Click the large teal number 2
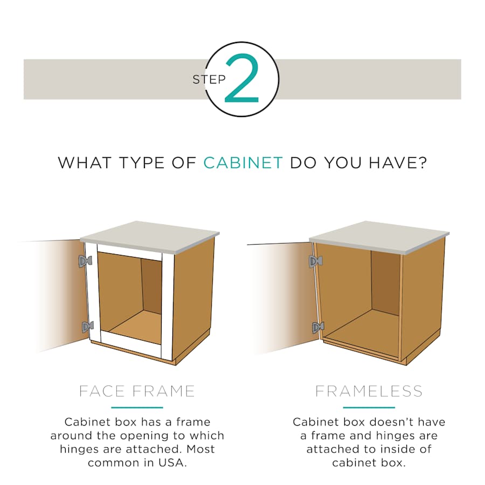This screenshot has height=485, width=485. (242, 78)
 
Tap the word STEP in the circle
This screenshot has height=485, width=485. (209, 80)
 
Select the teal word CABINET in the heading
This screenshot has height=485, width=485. (243, 163)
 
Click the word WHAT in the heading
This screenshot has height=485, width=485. (85, 163)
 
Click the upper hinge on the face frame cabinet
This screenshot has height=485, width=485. (85, 261)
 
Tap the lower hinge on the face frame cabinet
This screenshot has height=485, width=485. (88, 327)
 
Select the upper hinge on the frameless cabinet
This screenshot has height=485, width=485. (316, 261)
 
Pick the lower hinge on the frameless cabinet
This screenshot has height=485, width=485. (318, 328)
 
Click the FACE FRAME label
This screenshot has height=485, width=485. (137, 391)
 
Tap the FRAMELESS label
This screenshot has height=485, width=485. (369, 391)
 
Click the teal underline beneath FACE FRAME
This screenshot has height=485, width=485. (137, 408)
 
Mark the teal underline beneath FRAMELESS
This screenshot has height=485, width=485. (369, 408)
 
